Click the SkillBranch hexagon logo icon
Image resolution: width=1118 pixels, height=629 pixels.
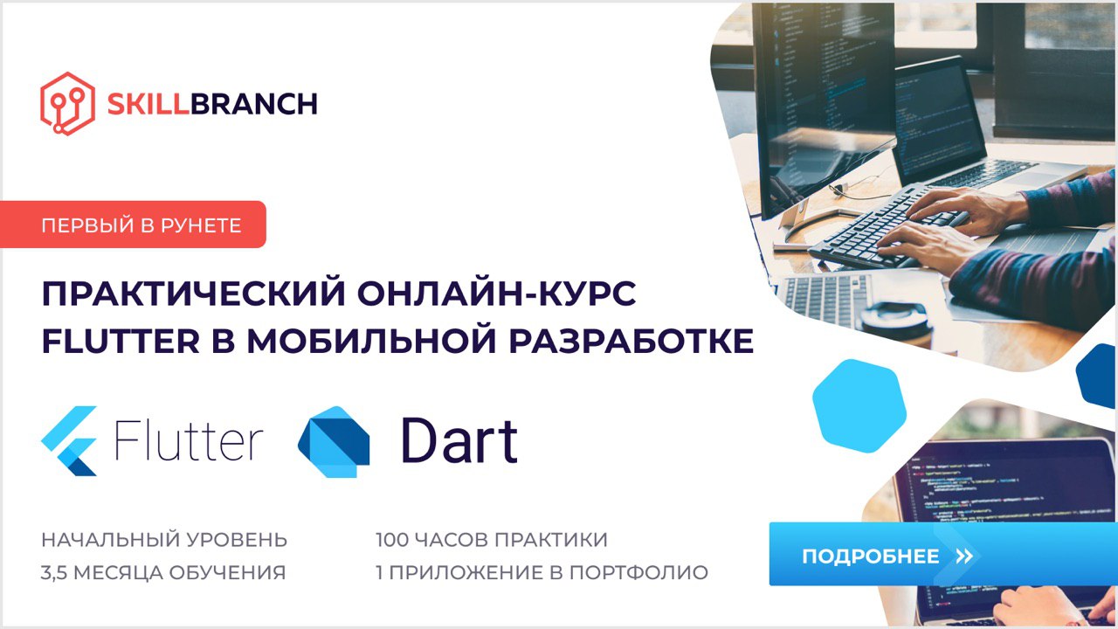pos(67,104)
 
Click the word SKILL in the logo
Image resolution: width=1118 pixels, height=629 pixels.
pos(148,104)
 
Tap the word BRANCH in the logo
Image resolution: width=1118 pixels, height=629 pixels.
pos(254,104)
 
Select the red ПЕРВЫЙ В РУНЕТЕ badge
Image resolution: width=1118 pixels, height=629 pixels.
pos(133,225)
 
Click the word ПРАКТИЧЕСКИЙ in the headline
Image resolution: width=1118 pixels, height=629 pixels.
pos(194,293)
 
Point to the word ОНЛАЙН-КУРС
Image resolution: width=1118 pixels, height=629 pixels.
pos(497,293)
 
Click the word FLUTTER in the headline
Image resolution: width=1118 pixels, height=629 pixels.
pos(121,341)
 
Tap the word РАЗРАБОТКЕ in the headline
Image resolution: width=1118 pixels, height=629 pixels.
pos(631,341)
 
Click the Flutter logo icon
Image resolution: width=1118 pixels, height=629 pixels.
pos(69,441)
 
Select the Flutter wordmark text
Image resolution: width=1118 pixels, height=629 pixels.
pos(189,439)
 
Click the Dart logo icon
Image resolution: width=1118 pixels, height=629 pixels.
pos(334,442)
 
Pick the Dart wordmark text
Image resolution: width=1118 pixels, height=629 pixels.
pos(459,440)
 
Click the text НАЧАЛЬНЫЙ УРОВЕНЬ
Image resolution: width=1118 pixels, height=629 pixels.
pos(164,540)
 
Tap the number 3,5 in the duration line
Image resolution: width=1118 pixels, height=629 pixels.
pos(54,573)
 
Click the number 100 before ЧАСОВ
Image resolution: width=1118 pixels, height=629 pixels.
pos(392,540)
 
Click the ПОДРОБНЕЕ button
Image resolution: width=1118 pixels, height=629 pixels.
pos(943,554)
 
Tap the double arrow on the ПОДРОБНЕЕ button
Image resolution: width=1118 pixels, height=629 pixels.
pos(964,556)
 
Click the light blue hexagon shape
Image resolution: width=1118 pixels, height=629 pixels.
pos(859,406)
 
